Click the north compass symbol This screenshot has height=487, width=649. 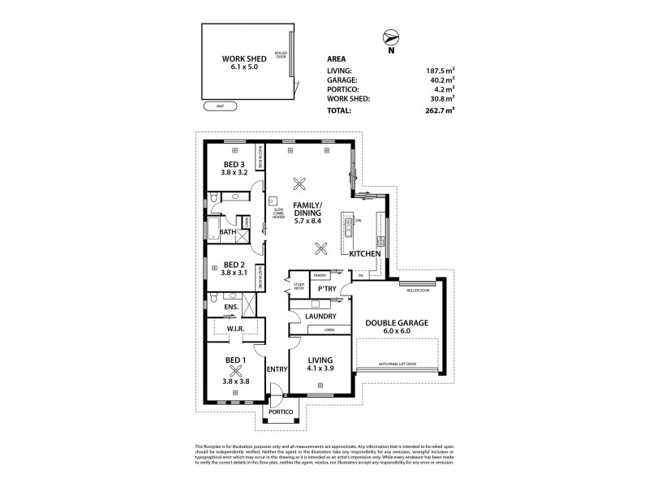click(x=391, y=37)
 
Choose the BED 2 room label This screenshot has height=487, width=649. click(x=234, y=265)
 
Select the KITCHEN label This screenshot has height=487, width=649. click(x=365, y=255)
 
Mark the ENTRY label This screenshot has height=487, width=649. click(x=277, y=369)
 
